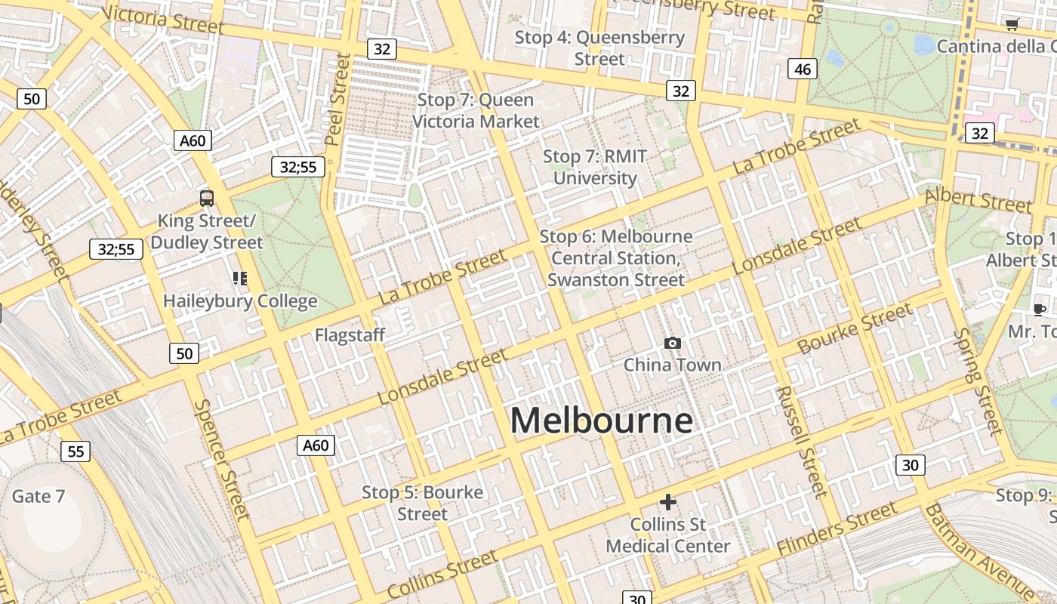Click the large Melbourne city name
pos(602,421)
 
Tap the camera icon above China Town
pos(672,344)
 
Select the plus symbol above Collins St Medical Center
pos(667,502)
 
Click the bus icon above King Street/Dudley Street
pos(207,199)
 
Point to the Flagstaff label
pos(350,334)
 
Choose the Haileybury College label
pos(240,301)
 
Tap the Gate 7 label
pos(39,496)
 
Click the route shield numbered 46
pos(802,69)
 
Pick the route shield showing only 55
pos(75,451)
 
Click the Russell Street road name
pos(801,442)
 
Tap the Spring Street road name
pos(979,381)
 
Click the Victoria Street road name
pos(162,20)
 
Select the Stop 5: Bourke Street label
pos(422,503)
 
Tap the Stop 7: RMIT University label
pos(595,168)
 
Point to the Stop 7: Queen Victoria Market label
pos(476,110)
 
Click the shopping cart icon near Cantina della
pos(1012,24)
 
